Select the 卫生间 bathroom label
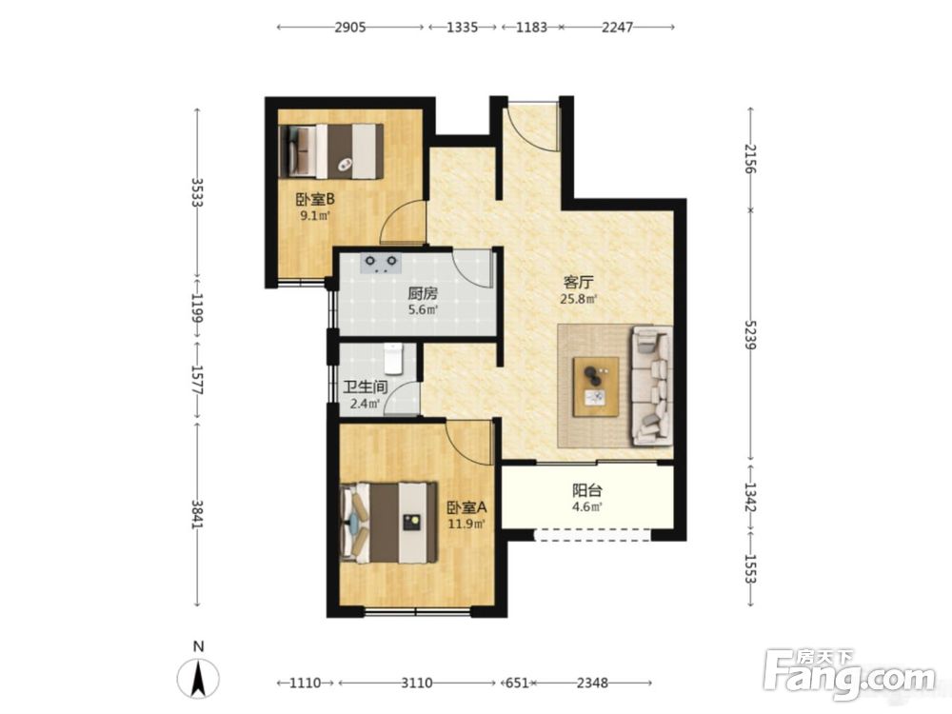point(365,387)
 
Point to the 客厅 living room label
point(578,283)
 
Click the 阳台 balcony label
point(586,490)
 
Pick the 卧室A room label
point(466,507)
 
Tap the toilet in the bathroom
point(394,359)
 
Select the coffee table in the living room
point(596,387)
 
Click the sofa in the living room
point(652,386)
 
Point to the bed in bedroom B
point(331,151)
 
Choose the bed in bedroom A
point(389,523)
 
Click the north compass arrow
point(198,678)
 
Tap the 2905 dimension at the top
point(350,28)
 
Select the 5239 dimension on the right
point(751,334)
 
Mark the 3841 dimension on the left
point(197,514)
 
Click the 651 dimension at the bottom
point(517,683)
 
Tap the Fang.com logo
point(850,674)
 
